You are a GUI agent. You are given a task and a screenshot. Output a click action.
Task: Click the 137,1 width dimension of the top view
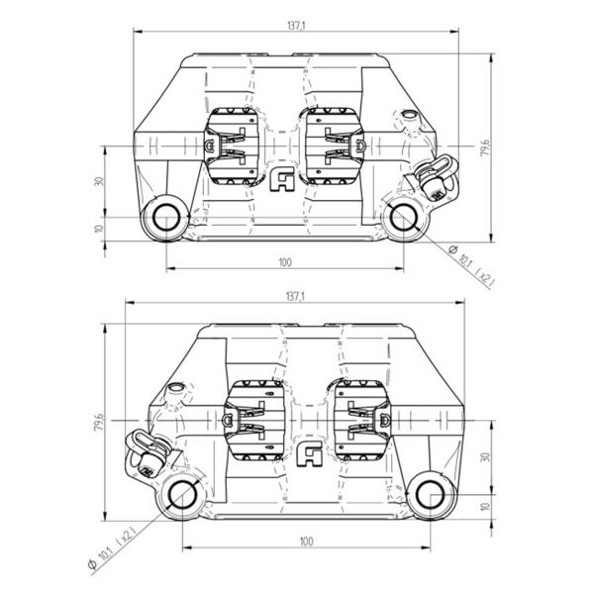click(296, 26)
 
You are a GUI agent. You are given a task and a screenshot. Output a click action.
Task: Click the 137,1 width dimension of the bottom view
click(296, 297)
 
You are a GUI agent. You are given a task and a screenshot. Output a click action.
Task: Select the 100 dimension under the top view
click(285, 262)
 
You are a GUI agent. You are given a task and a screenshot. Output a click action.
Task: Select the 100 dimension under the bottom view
click(306, 542)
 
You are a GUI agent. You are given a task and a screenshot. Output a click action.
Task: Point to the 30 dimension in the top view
click(99, 181)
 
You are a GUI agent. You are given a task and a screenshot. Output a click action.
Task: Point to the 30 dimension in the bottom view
click(485, 456)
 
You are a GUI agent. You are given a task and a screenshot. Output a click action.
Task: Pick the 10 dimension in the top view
click(99, 229)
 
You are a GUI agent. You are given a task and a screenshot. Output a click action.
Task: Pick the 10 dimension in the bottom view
click(485, 506)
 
